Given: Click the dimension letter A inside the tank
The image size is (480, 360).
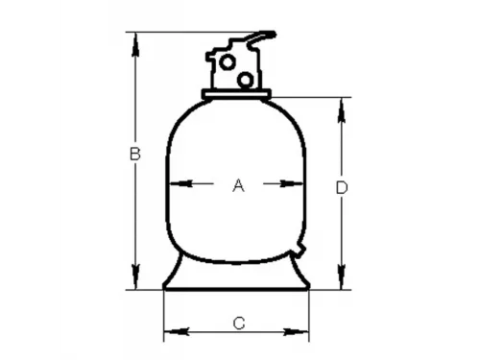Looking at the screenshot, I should tap(239, 187).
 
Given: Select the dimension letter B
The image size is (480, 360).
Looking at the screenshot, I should tap(135, 154).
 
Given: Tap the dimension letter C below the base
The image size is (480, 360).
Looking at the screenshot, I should tap(239, 323).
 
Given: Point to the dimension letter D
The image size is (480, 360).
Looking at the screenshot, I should tap(341, 188).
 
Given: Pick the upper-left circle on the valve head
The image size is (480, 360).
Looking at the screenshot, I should tap(227, 60).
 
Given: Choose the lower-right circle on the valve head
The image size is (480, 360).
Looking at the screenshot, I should tap(246, 76).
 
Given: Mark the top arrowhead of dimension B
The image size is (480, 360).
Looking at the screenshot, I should tap(135, 37).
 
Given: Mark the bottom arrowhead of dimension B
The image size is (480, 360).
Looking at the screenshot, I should tap(135, 283).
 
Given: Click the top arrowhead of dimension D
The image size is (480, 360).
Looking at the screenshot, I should tap(341, 102).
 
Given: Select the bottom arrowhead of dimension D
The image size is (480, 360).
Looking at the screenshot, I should tap(341, 283).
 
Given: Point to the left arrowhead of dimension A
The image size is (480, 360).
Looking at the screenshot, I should tap(173, 185).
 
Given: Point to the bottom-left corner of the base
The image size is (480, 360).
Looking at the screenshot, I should tap(162, 288).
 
